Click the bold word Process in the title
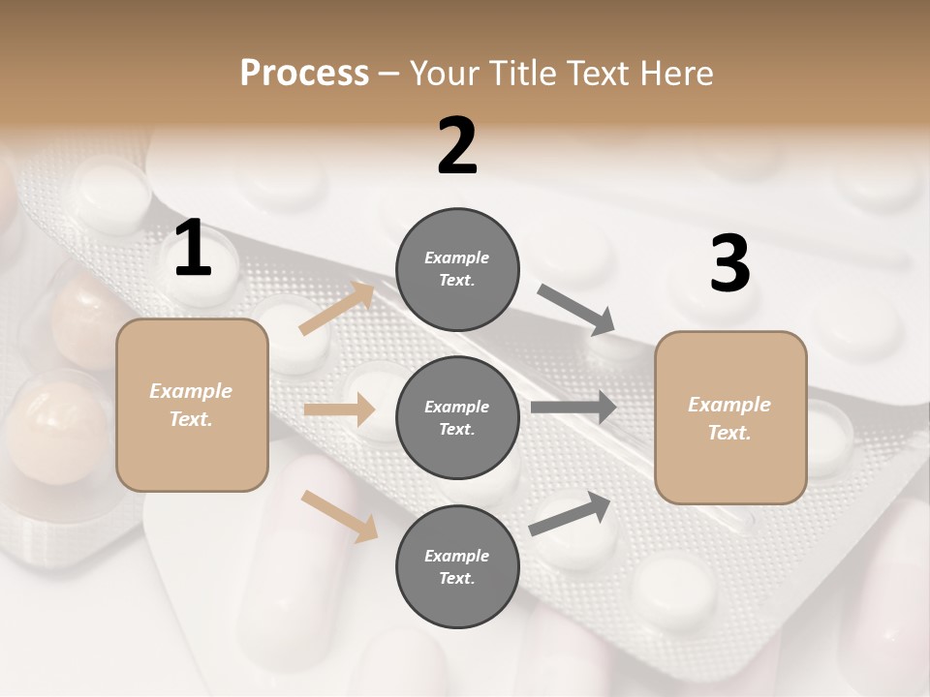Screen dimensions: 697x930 [x=304, y=73]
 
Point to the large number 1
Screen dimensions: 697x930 [x=193, y=250]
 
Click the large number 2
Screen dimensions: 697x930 [x=457, y=146]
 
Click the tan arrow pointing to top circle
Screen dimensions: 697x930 [x=337, y=309]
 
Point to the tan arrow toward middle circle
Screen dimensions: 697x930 [x=339, y=409]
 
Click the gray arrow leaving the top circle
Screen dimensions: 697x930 [x=576, y=310]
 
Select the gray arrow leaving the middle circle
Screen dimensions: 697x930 [x=573, y=407]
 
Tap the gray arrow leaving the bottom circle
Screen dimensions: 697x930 [x=571, y=514]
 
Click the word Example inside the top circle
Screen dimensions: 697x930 [x=457, y=258]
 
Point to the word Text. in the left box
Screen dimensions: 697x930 [x=192, y=419]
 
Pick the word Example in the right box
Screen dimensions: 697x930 [x=729, y=405]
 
